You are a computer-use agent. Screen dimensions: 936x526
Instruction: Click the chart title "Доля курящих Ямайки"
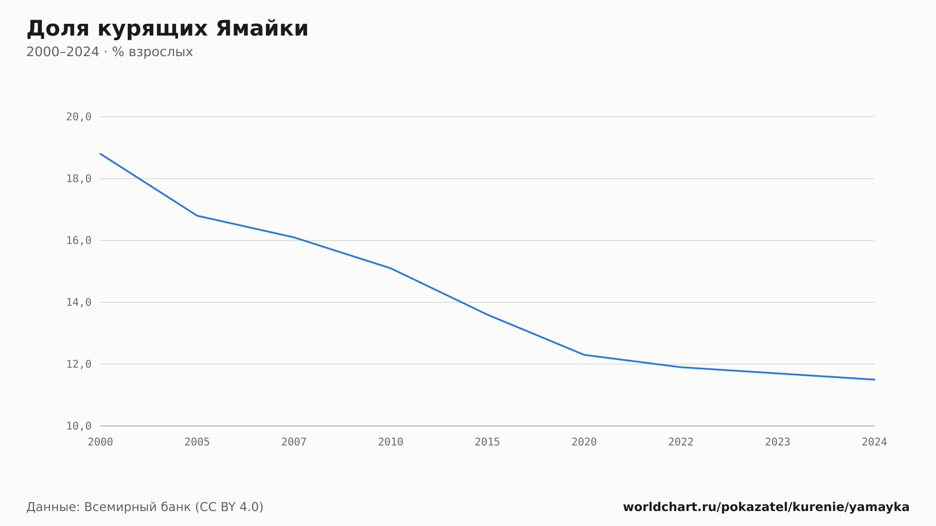click(167, 29)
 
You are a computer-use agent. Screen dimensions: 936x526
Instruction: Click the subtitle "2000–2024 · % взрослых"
click(110, 52)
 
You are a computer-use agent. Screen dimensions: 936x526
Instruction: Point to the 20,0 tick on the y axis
click(79, 117)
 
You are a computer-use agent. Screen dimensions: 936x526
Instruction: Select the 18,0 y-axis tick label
click(79, 179)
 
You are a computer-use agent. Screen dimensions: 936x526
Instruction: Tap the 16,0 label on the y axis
click(79, 241)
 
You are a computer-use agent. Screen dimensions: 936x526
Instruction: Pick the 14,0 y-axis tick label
click(79, 302)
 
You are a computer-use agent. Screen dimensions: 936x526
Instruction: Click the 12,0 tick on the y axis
click(79, 364)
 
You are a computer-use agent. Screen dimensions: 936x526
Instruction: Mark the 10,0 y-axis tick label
click(79, 426)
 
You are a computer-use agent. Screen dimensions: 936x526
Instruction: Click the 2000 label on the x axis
click(101, 442)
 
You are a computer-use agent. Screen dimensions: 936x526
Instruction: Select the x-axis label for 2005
click(197, 442)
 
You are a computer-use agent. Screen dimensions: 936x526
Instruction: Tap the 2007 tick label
click(294, 442)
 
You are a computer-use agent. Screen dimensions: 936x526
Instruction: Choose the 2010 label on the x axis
click(391, 442)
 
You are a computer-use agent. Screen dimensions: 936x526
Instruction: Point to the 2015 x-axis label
click(488, 442)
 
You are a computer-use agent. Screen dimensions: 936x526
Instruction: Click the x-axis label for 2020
click(584, 442)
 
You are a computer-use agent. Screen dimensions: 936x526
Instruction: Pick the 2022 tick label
click(681, 442)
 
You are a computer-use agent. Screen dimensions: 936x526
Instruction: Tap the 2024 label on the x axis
click(874, 442)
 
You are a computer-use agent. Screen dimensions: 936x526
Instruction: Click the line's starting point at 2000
click(101, 153)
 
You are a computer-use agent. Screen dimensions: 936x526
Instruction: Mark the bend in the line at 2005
click(197, 216)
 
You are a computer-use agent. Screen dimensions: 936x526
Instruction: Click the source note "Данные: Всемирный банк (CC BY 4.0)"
click(145, 507)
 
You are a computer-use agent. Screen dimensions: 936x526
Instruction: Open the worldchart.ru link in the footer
click(766, 507)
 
